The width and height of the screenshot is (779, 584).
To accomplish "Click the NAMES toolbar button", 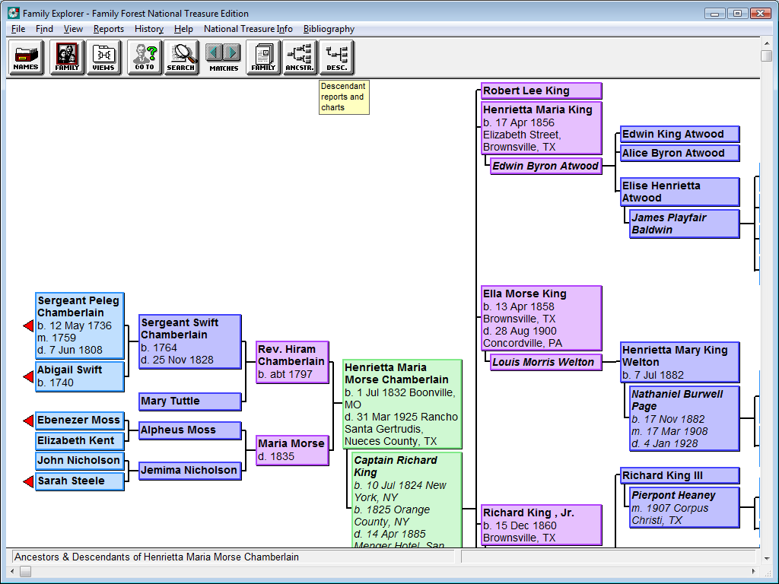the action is pyautogui.click(x=26, y=58).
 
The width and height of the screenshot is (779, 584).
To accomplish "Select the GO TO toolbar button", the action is pyautogui.click(x=145, y=58).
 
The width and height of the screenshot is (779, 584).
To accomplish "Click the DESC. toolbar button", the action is pyautogui.click(x=337, y=58).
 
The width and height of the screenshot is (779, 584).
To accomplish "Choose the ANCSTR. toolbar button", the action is pyautogui.click(x=300, y=58).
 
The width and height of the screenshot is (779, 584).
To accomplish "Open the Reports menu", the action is pyautogui.click(x=108, y=29).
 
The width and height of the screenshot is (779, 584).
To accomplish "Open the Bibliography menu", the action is pyautogui.click(x=329, y=29).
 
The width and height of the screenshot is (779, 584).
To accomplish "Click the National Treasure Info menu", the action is pyautogui.click(x=248, y=29).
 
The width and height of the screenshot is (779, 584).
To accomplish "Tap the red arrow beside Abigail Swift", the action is pyautogui.click(x=28, y=377).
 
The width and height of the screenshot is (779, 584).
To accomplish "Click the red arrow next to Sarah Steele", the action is pyautogui.click(x=28, y=481).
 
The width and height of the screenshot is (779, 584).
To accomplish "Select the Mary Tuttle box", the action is pyautogui.click(x=190, y=401).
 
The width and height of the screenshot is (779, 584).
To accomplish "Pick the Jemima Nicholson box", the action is pyautogui.click(x=190, y=470).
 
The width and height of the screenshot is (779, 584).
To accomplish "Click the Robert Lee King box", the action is pyautogui.click(x=542, y=91).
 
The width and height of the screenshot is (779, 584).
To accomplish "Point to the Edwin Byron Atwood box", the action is pyautogui.click(x=546, y=166).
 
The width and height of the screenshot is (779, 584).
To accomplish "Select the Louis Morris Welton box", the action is pyautogui.click(x=546, y=362).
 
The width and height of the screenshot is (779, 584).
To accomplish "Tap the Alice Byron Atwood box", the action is pyautogui.click(x=679, y=153).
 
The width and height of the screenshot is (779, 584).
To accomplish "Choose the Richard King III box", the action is pyautogui.click(x=679, y=476).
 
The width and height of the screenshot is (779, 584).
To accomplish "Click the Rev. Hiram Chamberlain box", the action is pyautogui.click(x=293, y=362).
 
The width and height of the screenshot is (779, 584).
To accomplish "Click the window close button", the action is pyautogui.click(x=760, y=14).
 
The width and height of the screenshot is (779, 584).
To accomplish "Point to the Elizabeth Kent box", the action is pyautogui.click(x=79, y=441).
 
